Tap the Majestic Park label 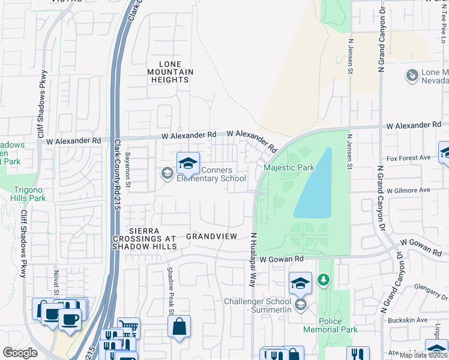coord(289,167)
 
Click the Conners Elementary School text coord(211,174)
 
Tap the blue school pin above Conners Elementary coord(188,163)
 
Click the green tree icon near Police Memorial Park coord(324,280)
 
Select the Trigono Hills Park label coord(28,194)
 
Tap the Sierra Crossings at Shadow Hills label coord(145,239)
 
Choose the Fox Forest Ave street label coord(409,158)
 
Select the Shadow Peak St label coord(170,291)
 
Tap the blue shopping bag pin coord(179,327)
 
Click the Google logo coord(20,353)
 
